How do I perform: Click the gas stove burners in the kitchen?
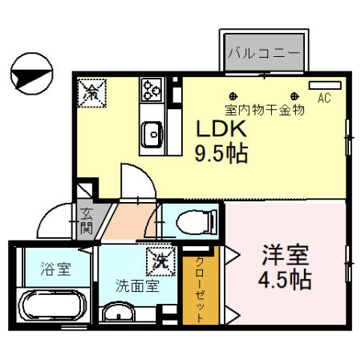pos(152,90)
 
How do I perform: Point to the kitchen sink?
pos(151,134)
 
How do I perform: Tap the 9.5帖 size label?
pos(219,152)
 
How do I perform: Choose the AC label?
pos(324,99)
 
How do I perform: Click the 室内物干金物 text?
pos(265,111)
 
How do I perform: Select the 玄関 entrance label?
pos(86,220)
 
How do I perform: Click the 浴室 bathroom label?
pos(55,269)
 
